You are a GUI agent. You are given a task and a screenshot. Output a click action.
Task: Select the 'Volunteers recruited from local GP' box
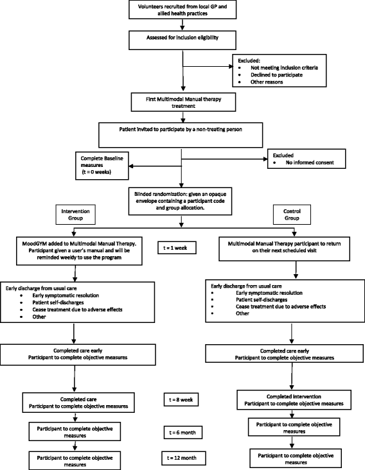[183, 11]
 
